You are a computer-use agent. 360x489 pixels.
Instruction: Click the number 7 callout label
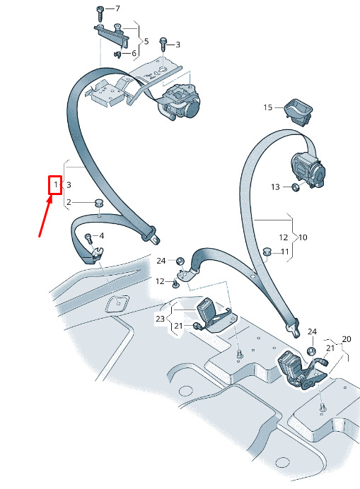[x=117, y=8]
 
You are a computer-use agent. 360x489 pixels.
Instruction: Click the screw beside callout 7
[x=100, y=14]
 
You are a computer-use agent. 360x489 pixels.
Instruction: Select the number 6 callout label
[x=134, y=53]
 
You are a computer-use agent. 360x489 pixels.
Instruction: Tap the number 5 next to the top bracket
[x=146, y=41]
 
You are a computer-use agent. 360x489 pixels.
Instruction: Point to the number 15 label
[x=268, y=107]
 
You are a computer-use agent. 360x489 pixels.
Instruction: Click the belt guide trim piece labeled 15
[x=298, y=112]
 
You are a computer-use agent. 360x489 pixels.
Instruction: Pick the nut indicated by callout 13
[x=296, y=187]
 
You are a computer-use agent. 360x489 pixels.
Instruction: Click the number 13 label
[x=275, y=187]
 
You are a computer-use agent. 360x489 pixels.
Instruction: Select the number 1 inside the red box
[x=56, y=184]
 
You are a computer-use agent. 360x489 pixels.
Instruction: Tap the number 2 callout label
[x=69, y=202]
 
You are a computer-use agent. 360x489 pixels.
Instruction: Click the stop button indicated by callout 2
[x=100, y=202]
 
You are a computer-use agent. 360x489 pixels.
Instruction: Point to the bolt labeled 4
[x=89, y=239]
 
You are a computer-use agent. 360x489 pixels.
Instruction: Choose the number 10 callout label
[x=303, y=237]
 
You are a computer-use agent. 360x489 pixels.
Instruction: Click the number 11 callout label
[x=285, y=252]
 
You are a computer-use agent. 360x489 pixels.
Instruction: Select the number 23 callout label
[x=160, y=319]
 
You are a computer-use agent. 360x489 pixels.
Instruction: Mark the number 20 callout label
[x=347, y=339]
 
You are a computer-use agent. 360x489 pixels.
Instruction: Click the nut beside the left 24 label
[x=180, y=261]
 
